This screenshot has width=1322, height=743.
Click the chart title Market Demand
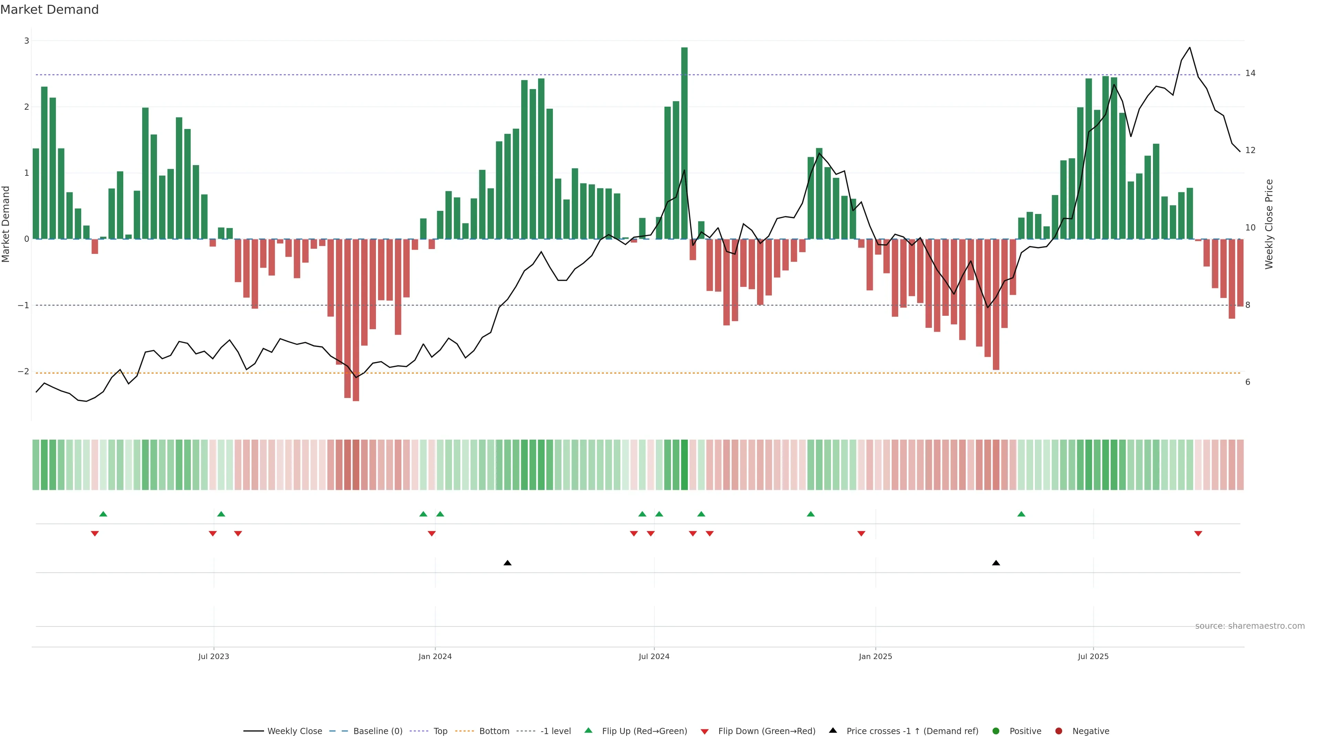click(49, 10)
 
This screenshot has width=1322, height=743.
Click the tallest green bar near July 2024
click(684, 143)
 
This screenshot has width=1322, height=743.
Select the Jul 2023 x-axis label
click(213, 656)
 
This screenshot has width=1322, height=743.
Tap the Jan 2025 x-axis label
click(875, 656)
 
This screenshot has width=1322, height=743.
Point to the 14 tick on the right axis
click(1250, 73)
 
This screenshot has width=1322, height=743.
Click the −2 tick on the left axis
click(24, 371)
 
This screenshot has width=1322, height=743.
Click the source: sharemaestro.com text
click(1250, 626)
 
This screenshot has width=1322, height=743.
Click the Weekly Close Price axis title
click(1269, 224)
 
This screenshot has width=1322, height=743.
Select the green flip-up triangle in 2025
click(1021, 514)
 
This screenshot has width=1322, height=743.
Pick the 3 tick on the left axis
click(27, 41)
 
